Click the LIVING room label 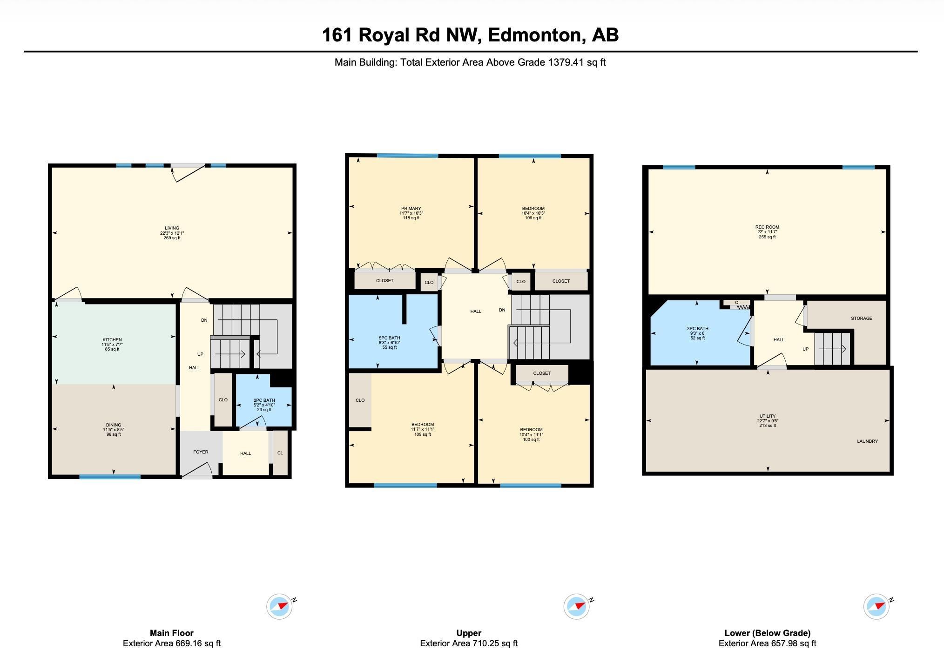[172, 228]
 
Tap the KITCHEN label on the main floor [112, 340]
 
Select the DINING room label [114, 425]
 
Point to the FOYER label [201, 452]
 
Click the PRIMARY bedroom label [411, 209]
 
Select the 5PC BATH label [389, 338]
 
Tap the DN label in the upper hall [502, 310]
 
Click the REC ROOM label [767, 227]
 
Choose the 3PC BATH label [698, 329]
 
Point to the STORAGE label [862, 318]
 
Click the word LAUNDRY [868, 441]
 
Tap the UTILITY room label [768, 416]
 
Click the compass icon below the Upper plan [577, 607]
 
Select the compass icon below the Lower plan [877, 607]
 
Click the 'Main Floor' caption [172, 633]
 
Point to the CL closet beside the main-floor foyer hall [280, 453]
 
